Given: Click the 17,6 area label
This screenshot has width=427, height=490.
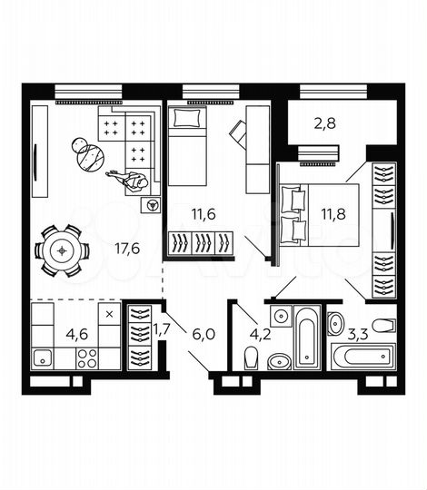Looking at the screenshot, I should click(127, 249).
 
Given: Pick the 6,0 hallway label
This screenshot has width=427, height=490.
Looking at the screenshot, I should click(203, 333).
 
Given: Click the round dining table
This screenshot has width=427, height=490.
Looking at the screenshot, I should click(63, 250).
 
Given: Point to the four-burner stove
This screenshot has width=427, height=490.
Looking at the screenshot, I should click(86, 358).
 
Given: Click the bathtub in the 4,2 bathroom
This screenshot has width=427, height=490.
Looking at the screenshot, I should click(307, 338).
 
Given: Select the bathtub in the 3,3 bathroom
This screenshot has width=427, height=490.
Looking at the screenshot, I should click(362, 356).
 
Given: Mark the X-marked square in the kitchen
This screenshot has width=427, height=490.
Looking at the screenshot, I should click(109, 314).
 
